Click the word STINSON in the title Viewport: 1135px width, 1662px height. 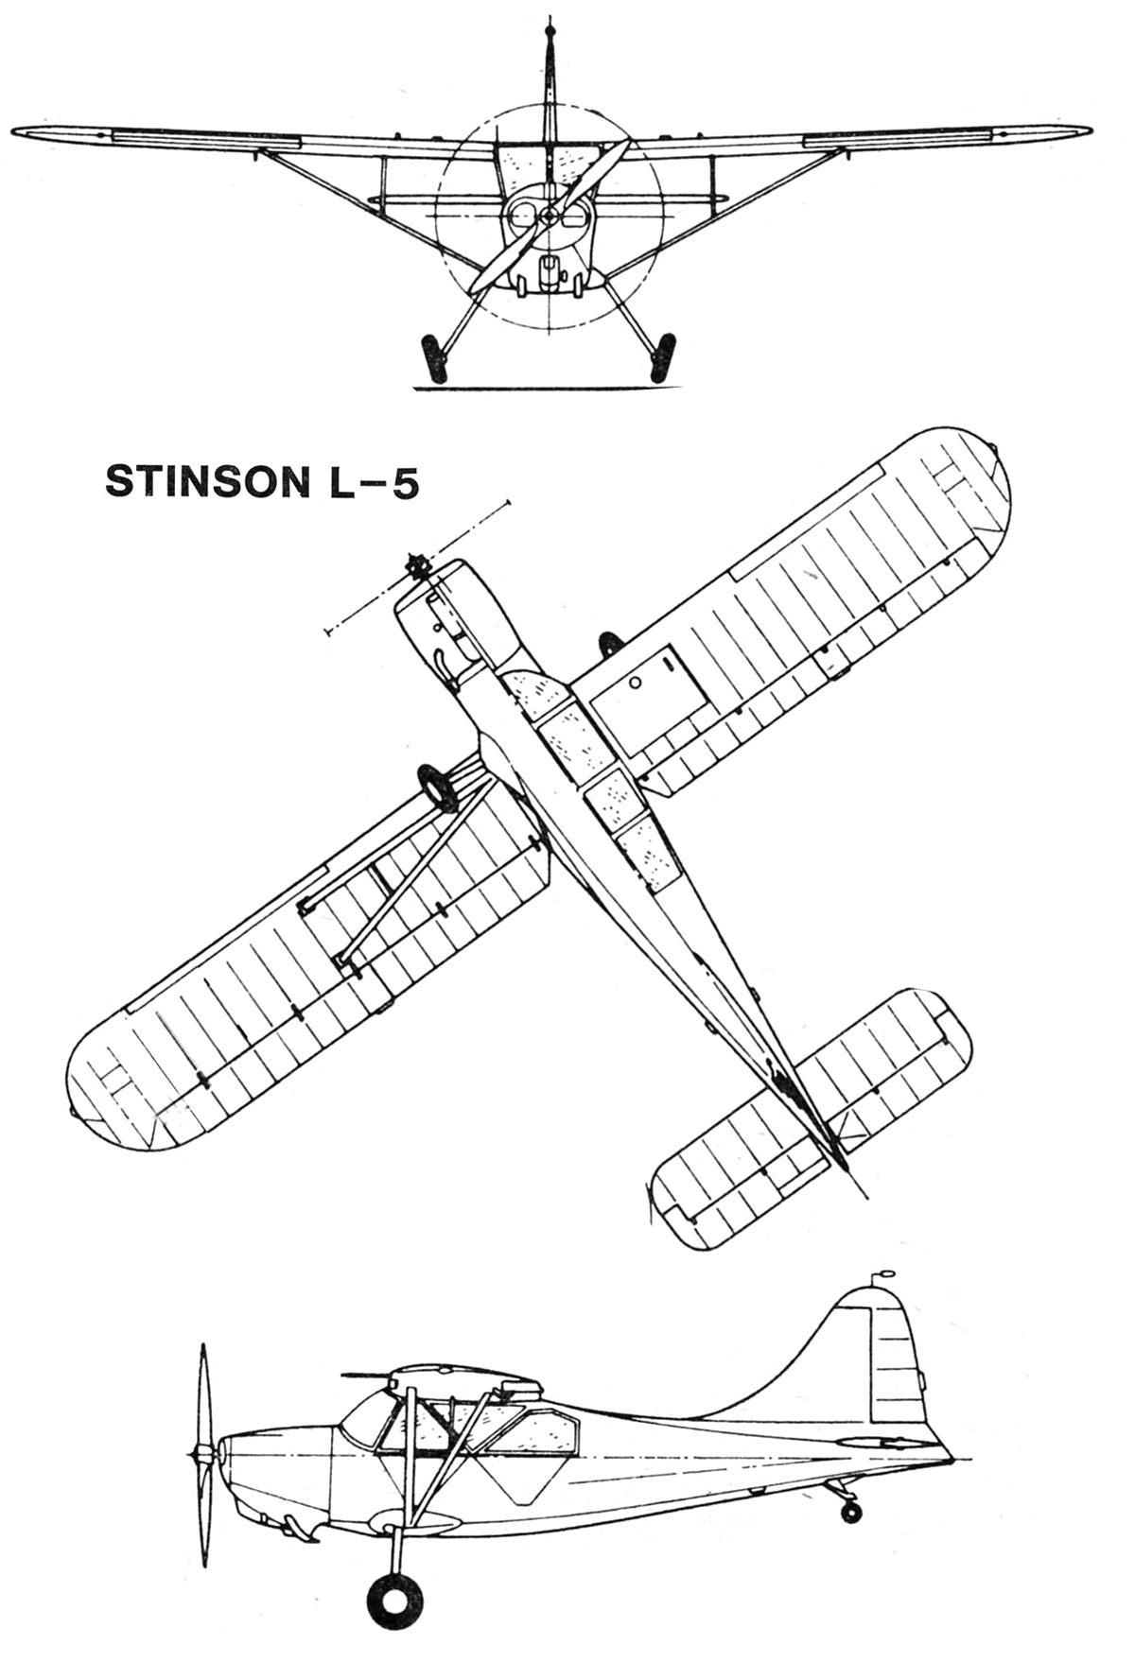[200, 482]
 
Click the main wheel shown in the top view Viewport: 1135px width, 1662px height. [437, 788]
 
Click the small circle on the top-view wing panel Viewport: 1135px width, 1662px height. [636, 682]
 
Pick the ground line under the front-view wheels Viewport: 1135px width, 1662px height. [549, 387]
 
